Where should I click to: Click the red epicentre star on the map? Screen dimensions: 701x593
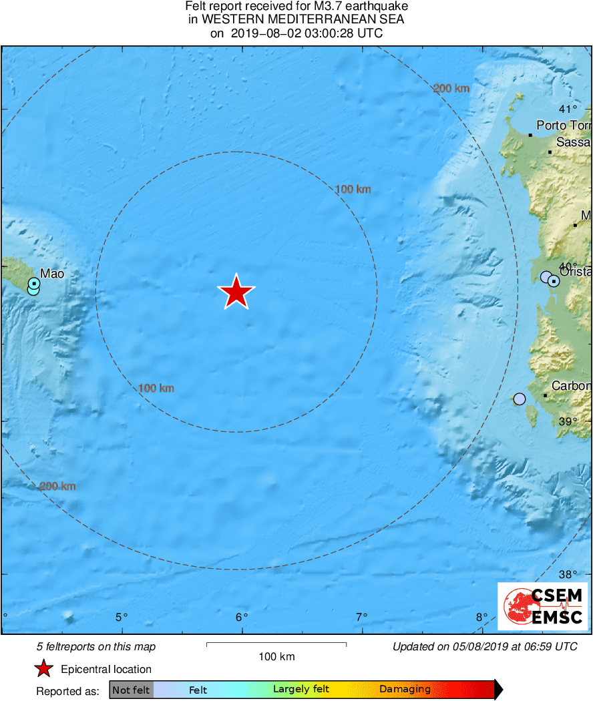(236, 292)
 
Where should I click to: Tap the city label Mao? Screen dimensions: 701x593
(52, 273)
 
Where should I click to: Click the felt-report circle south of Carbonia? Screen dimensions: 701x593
(520, 399)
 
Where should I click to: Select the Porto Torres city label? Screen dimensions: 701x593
(564, 126)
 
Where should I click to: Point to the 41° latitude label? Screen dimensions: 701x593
(568, 109)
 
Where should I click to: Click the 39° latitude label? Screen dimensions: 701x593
(568, 421)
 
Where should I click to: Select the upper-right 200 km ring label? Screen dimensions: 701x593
(451, 88)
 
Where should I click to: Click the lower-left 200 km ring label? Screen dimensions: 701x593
(57, 486)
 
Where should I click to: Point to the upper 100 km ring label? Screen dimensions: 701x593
(353, 190)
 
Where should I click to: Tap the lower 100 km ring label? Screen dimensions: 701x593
(156, 388)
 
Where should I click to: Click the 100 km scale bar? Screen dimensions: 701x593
(276, 644)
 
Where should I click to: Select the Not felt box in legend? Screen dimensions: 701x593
(131, 690)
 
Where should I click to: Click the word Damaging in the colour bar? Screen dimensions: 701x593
(405, 690)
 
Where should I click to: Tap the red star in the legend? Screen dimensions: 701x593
(44, 669)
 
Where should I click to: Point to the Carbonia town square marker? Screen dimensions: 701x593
(546, 396)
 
